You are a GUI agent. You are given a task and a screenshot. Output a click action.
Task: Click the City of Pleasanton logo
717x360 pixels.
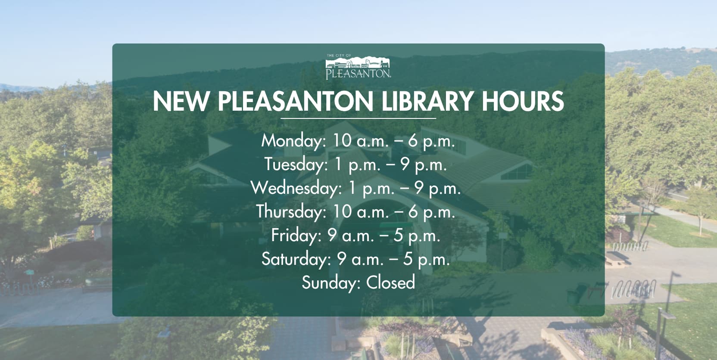click(x=358, y=67)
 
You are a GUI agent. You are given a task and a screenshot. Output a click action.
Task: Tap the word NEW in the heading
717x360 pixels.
click(x=181, y=102)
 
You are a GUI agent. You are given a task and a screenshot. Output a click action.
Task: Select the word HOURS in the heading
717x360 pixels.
click(x=523, y=102)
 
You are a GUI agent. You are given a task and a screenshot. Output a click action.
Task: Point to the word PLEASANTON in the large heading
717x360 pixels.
click(x=295, y=102)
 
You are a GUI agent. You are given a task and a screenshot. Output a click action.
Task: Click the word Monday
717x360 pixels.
click(x=293, y=141)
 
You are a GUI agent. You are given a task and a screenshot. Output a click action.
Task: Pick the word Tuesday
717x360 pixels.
click(x=295, y=165)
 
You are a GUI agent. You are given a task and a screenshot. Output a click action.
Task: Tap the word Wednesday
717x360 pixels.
click(x=296, y=188)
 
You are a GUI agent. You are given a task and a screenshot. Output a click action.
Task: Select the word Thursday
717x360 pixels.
click(x=291, y=212)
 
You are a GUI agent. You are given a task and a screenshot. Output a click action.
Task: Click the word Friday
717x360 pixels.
click(x=296, y=236)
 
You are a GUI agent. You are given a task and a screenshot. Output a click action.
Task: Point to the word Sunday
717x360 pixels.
click(x=329, y=282)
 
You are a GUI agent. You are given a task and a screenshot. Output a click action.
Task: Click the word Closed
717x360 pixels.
click(x=390, y=282)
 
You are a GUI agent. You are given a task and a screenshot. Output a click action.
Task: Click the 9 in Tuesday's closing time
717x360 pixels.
click(x=405, y=165)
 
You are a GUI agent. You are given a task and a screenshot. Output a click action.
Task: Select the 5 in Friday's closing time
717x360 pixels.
click(x=398, y=236)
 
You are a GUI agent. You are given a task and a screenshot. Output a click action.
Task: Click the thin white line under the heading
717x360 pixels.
click(x=358, y=118)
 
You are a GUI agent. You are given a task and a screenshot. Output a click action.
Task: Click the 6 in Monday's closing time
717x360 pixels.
click(x=413, y=141)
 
